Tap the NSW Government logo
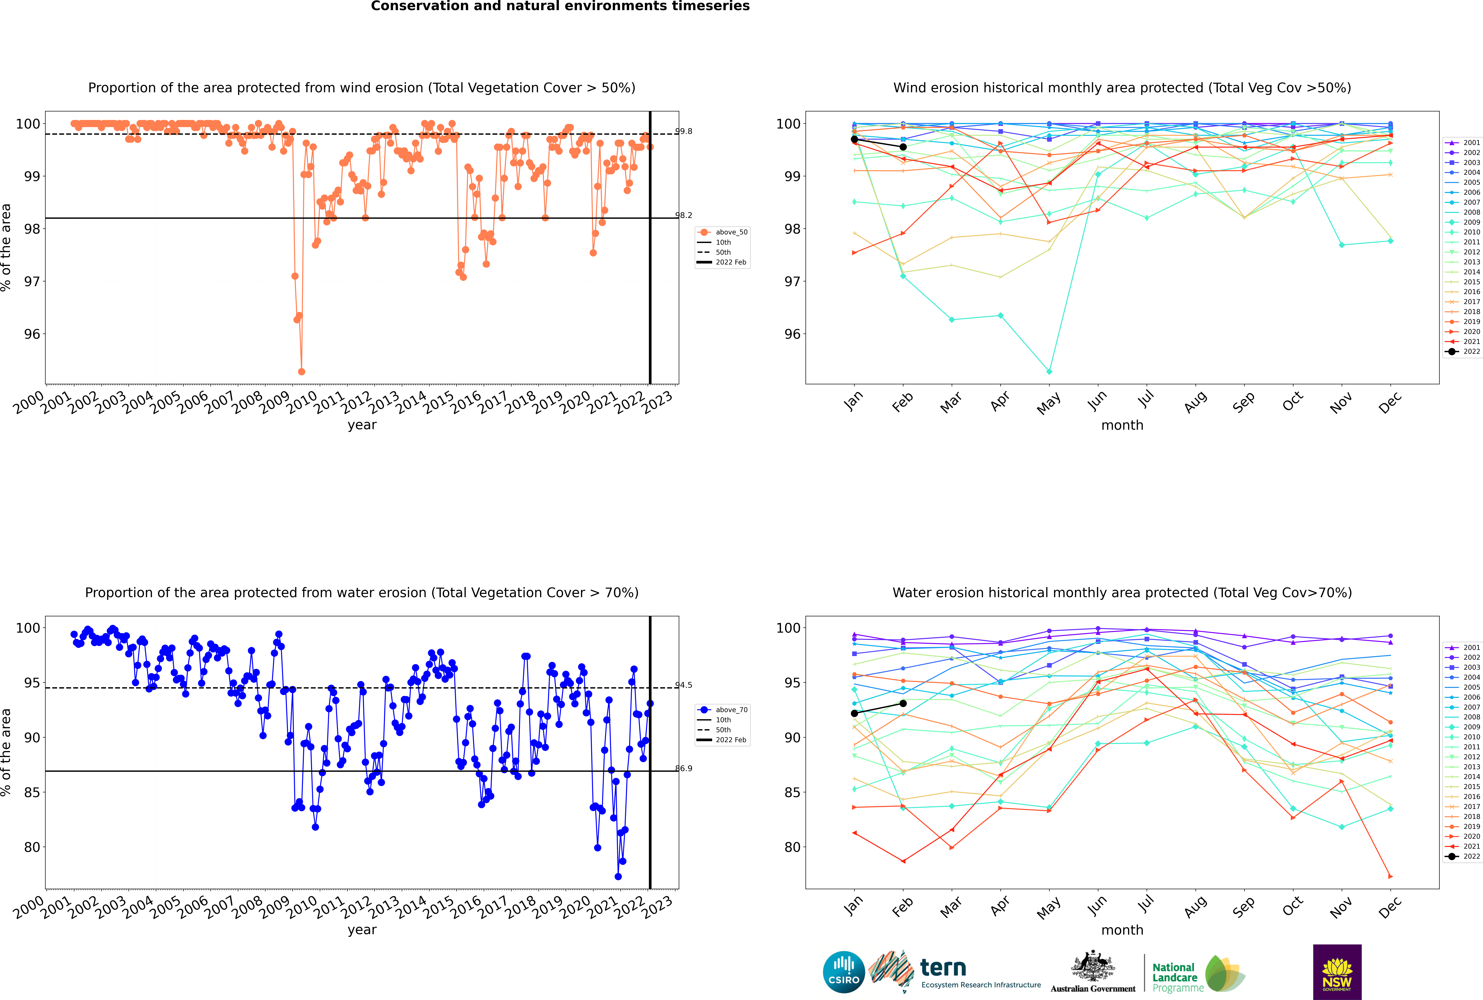(1337, 972)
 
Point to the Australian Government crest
(1093, 966)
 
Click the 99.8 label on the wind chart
(684, 131)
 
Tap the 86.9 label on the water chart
(684, 768)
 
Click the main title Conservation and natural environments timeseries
(560, 6)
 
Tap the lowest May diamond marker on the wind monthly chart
(1049, 371)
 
